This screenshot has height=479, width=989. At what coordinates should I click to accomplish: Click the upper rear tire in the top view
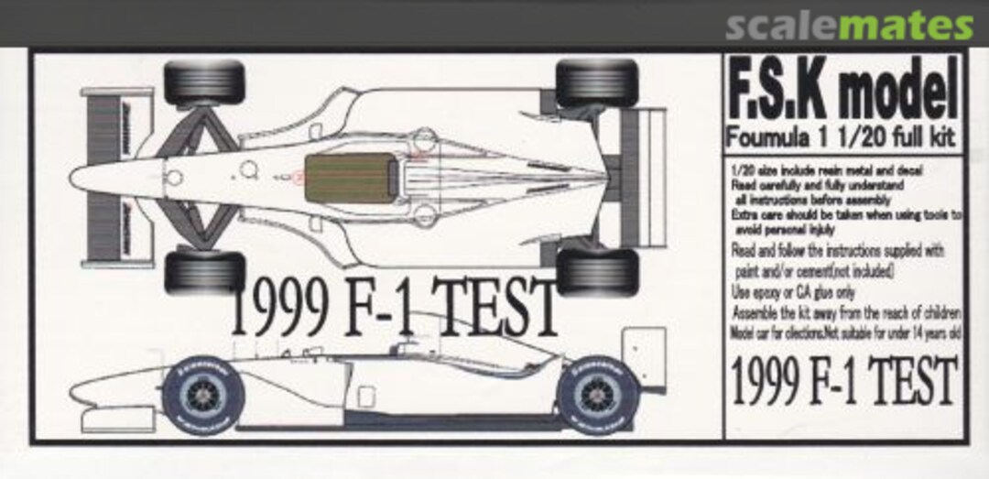pyautogui.click(x=596, y=83)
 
